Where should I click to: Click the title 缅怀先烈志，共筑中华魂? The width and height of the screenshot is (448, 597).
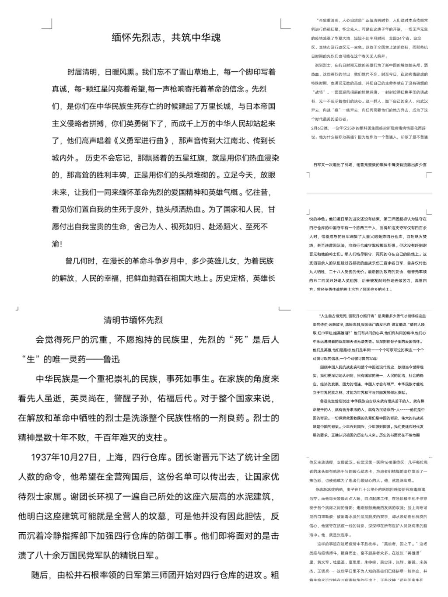166,38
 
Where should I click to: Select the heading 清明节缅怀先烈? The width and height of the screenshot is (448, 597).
133,320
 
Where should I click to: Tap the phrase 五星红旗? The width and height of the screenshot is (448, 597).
182,158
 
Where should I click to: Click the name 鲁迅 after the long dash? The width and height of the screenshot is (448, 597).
112,360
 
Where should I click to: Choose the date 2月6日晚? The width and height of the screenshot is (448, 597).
320,128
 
